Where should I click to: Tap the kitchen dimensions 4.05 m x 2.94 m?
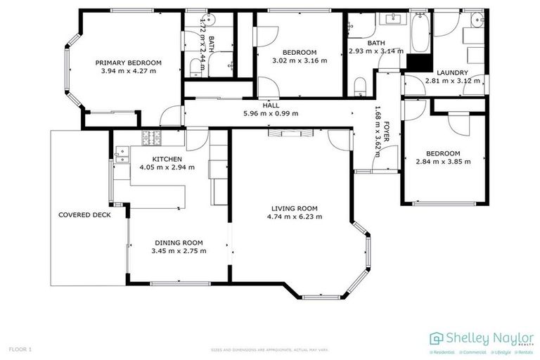click(167, 167)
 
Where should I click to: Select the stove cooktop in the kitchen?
click(152, 136)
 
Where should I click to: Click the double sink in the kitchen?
click(120, 154)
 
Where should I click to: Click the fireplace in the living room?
click(286, 131)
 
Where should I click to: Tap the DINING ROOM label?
click(179, 243)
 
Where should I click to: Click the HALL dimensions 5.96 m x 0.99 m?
click(271, 113)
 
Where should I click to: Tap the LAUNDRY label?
click(452, 72)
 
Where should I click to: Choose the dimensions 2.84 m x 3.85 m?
click(443, 161)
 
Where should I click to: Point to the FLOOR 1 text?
click(20, 349)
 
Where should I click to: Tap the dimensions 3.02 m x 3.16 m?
click(300, 60)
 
